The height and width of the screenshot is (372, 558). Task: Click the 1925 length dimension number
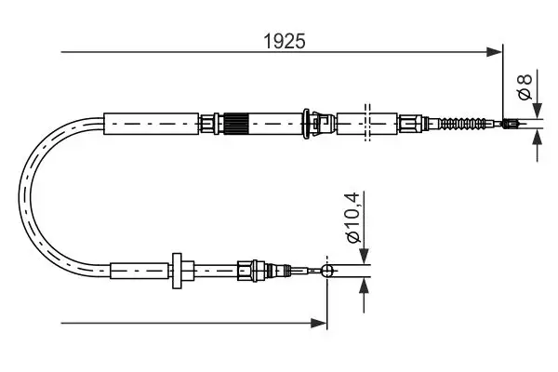[285, 42]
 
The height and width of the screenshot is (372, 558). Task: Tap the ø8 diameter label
[525, 86]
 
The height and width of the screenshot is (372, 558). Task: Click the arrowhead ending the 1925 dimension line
[494, 53]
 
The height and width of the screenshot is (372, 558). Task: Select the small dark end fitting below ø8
[510, 122]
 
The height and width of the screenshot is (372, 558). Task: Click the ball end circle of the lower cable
[326, 271]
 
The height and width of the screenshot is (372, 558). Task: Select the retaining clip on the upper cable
[319, 122]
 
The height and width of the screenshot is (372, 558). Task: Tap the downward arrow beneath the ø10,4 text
[363, 257]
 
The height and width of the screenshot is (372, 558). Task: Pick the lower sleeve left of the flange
[139, 271]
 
